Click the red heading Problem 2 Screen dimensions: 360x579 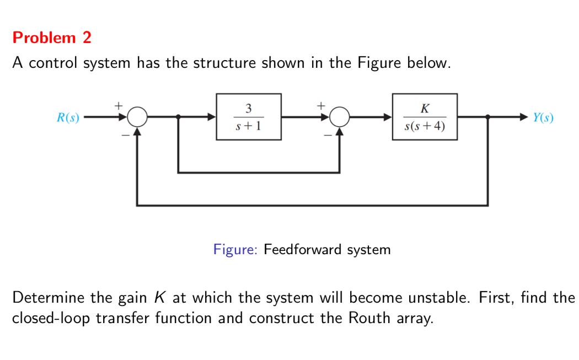coord(52,38)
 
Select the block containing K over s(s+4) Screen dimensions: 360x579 coord(425,117)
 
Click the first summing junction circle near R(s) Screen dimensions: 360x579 coord(137,117)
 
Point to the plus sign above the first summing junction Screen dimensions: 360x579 coord(117,104)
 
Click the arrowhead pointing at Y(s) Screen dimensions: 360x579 coord(524,117)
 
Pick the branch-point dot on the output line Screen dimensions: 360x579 coord(487,117)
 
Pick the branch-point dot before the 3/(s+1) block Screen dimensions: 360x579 coord(178,117)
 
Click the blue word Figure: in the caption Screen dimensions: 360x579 coord(235,250)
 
